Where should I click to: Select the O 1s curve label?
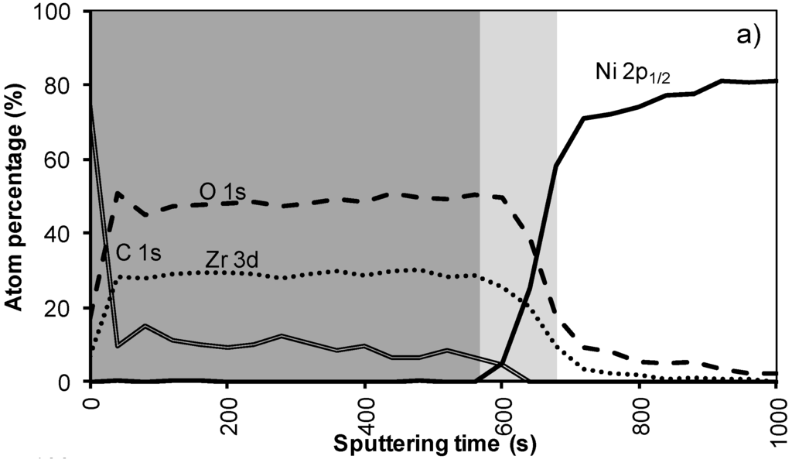pos(222,193)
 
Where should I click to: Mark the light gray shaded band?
pos(517,194)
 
